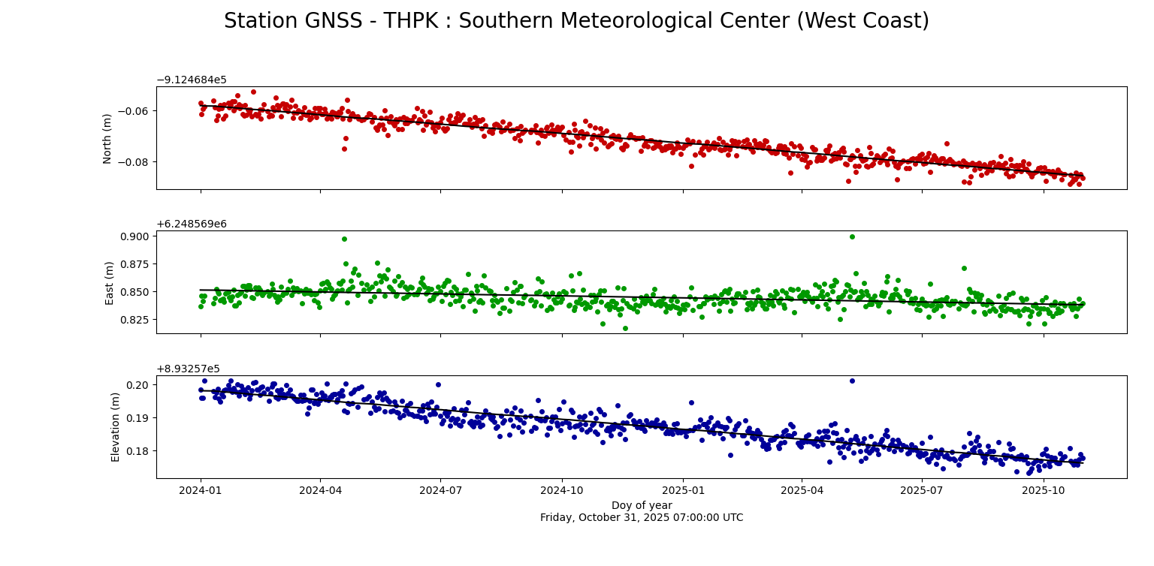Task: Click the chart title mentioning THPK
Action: (x=576, y=21)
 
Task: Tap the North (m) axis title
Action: (x=107, y=138)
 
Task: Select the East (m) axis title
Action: (x=110, y=282)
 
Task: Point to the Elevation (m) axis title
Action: (x=116, y=426)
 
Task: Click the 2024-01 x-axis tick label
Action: (x=201, y=490)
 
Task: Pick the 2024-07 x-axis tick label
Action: (x=440, y=490)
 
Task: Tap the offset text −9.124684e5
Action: (x=192, y=80)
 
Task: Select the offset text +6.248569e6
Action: (x=192, y=224)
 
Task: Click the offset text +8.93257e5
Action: (x=188, y=369)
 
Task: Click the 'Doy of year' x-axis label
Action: (x=641, y=505)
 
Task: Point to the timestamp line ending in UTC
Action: (x=641, y=518)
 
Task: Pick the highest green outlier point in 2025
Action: (x=852, y=236)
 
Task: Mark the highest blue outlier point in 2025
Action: (x=852, y=381)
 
